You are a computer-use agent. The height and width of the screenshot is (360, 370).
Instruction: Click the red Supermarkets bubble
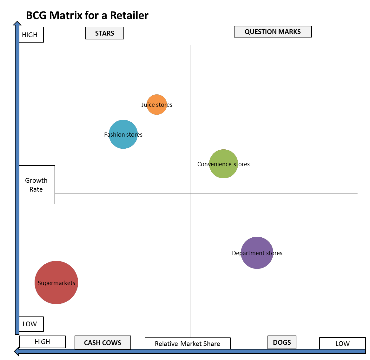(56, 282)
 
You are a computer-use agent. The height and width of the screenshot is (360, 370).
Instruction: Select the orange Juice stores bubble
(157, 105)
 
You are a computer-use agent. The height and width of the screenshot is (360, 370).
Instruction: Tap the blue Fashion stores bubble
(123, 134)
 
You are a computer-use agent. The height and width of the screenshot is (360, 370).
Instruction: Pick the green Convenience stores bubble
(223, 164)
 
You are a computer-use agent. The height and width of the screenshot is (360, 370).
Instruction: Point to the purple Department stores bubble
(257, 253)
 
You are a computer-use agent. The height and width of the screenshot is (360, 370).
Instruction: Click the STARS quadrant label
(105, 33)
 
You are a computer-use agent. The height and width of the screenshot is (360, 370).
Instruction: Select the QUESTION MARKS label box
(273, 32)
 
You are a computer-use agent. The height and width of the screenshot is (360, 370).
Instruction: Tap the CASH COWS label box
(102, 343)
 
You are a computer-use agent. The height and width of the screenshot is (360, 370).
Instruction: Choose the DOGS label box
(282, 343)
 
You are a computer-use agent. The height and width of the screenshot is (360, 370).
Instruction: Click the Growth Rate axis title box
(37, 185)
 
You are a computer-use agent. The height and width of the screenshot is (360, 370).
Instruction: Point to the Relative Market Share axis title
(188, 343)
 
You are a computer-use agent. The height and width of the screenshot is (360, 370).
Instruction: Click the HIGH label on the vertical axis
(31, 35)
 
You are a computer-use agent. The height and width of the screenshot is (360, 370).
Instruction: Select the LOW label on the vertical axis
(31, 324)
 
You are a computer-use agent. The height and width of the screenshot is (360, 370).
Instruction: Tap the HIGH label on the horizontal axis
(42, 342)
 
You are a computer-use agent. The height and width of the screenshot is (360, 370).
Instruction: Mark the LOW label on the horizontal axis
(342, 343)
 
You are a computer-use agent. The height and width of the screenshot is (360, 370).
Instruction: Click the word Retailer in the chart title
(129, 15)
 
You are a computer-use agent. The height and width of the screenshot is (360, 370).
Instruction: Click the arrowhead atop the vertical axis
(17, 24)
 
